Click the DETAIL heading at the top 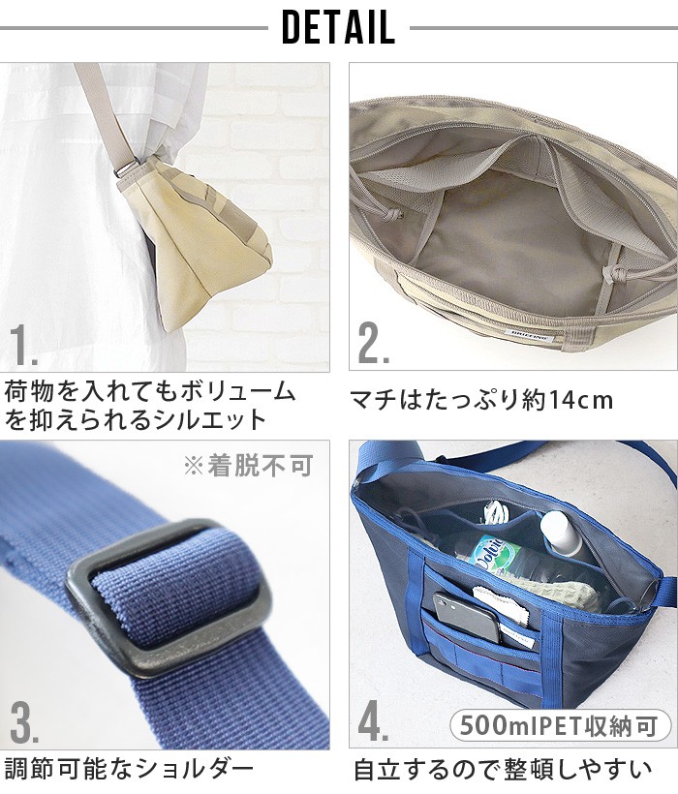[338, 28]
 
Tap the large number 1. [23, 346]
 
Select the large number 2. [373, 346]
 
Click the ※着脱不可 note [248, 466]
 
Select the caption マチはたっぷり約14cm [481, 400]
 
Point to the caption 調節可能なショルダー [129, 769]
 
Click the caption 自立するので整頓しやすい [502, 770]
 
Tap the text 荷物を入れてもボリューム [149, 392]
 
